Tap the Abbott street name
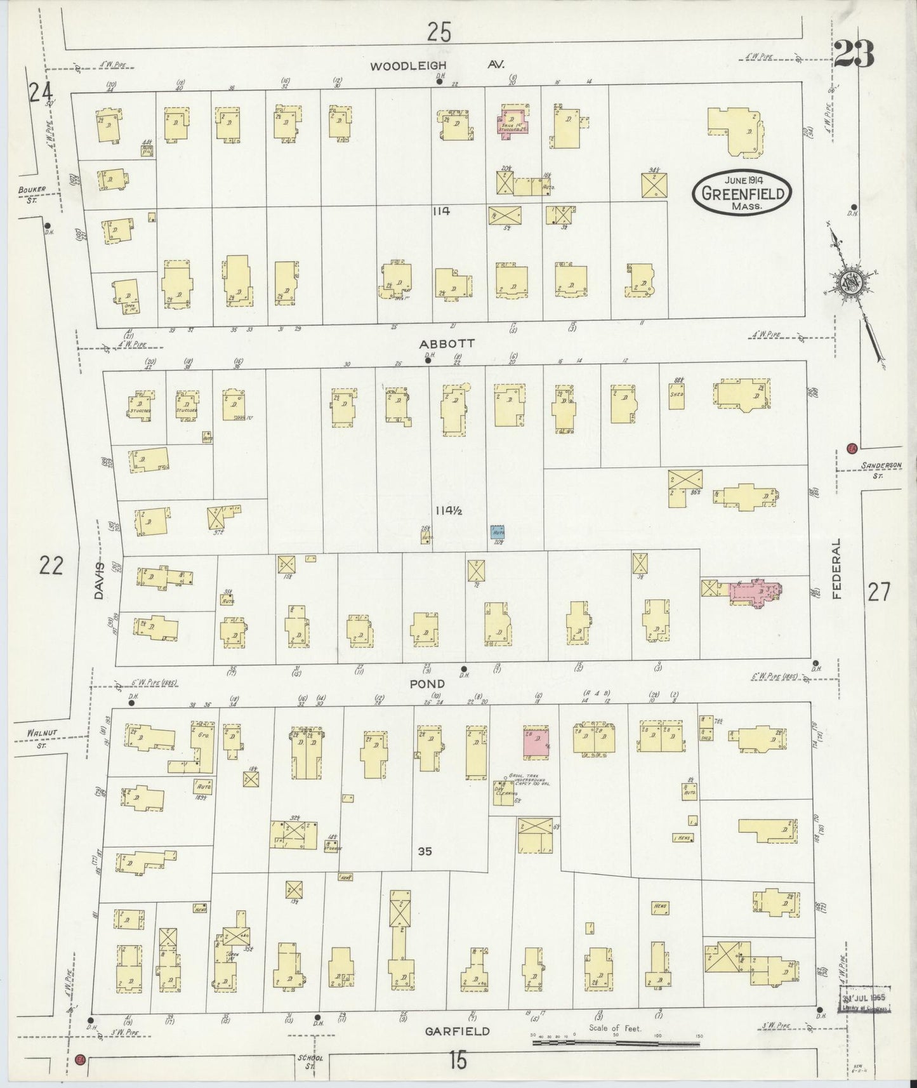click(x=438, y=343)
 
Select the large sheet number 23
click(x=854, y=54)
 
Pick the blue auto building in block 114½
click(x=498, y=532)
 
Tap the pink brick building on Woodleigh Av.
click(x=513, y=121)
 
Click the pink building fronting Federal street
click(x=754, y=590)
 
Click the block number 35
click(x=425, y=851)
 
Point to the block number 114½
click(x=452, y=510)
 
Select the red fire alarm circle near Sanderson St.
click(x=852, y=448)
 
